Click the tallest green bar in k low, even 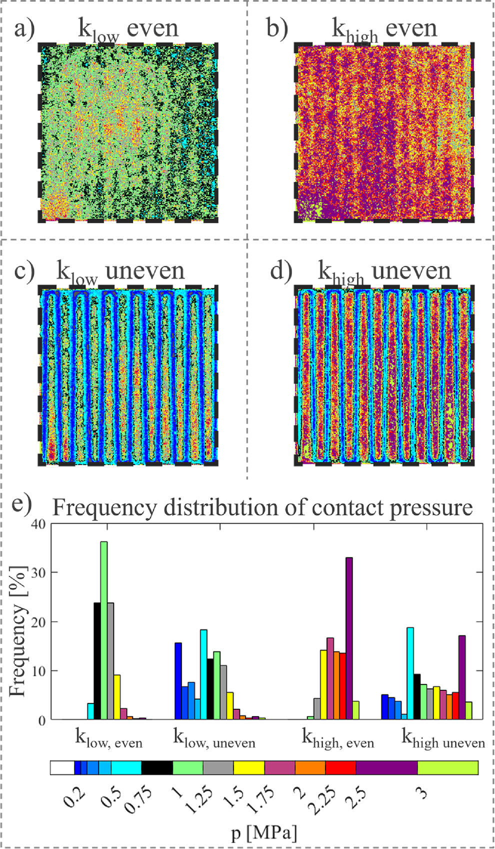click(104, 630)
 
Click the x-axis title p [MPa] click(264, 833)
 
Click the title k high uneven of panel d click(384, 271)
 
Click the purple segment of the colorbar click(386, 767)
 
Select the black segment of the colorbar click(157, 767)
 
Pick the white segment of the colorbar click(62, 767)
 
